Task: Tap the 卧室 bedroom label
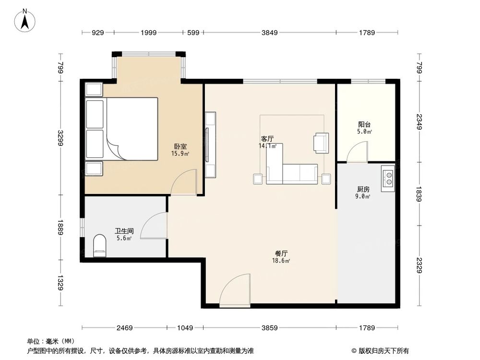tap(180, 147)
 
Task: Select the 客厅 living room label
tap(267, 139)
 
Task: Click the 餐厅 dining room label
tap(281, 253)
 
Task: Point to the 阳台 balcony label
tap(364, 124)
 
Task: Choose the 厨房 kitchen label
tap(364, 189)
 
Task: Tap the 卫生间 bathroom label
tap(124, 230)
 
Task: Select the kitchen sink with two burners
tap(387, 178)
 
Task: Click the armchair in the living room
tap(321, 143)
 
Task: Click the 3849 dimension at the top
tap(270, 33)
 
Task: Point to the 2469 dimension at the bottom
tap(124, 328)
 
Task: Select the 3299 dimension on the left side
tap(61, 137)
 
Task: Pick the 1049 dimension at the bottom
tap(185, 328)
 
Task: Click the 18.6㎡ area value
tap(281, 261)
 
